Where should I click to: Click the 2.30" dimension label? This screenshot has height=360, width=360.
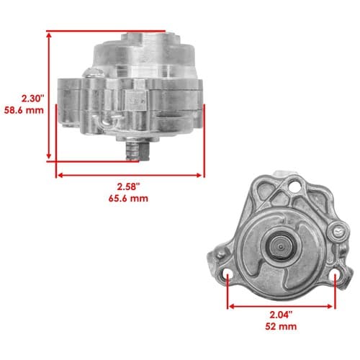pyautogui.click(x=33, y=99)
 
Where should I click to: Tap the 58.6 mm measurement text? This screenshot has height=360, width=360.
pyautogui.click(x=24, y=110)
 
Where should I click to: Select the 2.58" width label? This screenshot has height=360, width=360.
pyautogui.click(x=128, y=186)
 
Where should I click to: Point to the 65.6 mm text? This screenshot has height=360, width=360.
pyautogui.click(x=128, y=199)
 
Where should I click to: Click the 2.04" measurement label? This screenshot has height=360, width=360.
pyautogui.click(x=281, y=315)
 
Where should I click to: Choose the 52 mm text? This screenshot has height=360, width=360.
pyautogui.click(x=281, y=327)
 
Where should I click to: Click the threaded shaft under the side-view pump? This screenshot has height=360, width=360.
pyautogui.click(x=138, y=151)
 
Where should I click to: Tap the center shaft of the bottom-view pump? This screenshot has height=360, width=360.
pyautogui.click(x=281, y=246)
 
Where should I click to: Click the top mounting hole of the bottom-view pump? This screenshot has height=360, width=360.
pyautogui.click(x=294, y=186)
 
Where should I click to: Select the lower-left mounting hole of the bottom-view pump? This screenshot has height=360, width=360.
pyautogui.click(x=228, y=275)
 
